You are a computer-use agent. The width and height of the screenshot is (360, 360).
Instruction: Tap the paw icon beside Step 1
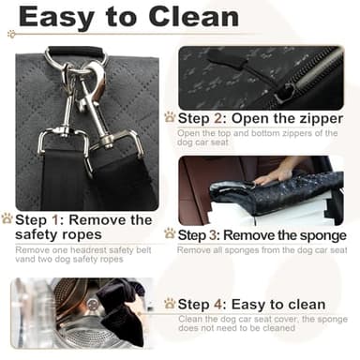[7, 218]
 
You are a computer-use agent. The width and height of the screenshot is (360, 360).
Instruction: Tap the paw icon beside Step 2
[170, 117]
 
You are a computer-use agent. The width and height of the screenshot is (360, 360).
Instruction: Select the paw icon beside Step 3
[170, 233]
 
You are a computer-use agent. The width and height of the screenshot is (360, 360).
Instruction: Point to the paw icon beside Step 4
[170, 304]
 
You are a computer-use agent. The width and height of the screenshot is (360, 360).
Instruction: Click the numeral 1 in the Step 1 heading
[55, 219]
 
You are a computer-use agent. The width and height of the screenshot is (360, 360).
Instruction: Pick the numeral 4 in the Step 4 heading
[220, 305]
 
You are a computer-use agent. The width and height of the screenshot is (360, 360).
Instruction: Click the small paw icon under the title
[11, 34]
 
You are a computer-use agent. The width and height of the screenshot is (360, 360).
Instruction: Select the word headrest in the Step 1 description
[91, 250]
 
